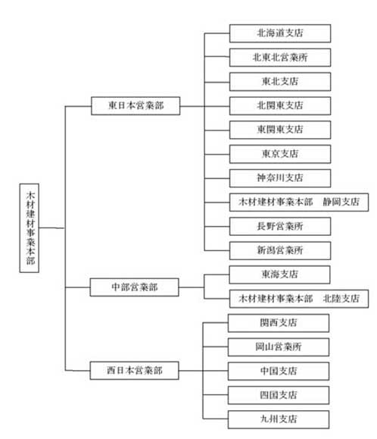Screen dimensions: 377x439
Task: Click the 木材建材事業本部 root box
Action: pos(30,228)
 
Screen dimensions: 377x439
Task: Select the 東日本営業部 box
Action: pos(136,106)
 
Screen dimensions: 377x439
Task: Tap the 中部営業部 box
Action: pos(135,287)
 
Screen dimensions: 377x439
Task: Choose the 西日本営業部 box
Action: pos(135,371)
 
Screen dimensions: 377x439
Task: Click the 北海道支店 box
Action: pos(280,33)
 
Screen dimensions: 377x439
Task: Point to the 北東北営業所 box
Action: pos(280,58)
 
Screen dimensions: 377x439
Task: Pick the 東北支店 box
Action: pos(280,81)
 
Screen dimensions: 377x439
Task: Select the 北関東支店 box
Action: pos(280,106)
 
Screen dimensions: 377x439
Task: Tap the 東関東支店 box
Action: pos(280,130)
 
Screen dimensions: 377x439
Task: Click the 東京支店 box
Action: pos(280,154)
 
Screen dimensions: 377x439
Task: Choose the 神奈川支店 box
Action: pos(280,178)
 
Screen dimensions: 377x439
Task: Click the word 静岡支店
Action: pos(341,202)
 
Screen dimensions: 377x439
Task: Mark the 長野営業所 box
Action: pos(280,226)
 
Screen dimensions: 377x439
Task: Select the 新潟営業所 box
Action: pos(280,250)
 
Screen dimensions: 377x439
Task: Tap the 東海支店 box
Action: pos(279,274)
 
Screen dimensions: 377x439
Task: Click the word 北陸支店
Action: pos(341,299)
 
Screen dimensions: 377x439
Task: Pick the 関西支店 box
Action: pos(279,323)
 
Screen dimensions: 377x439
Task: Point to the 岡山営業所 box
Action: pos(279,347)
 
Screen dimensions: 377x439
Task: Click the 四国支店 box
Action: pos(279,395)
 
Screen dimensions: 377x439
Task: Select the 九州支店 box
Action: pos(279,419)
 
